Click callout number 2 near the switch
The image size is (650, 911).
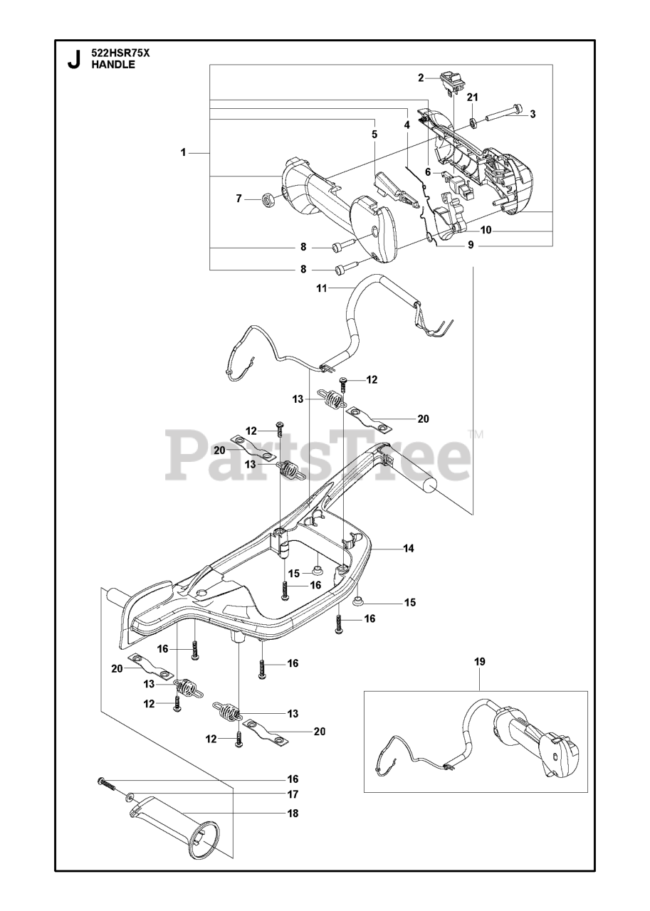(421, 78)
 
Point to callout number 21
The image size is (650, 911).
(473, 97)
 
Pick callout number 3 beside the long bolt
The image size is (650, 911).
(533, 113)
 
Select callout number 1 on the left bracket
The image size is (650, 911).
(183, 152)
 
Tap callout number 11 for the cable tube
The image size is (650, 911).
(322, 288)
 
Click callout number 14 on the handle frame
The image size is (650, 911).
(409, 549)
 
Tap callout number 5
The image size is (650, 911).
(374, 134)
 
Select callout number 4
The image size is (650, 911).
(407, 125)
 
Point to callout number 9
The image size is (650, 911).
(471, 245)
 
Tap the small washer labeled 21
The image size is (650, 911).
(473, 123)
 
